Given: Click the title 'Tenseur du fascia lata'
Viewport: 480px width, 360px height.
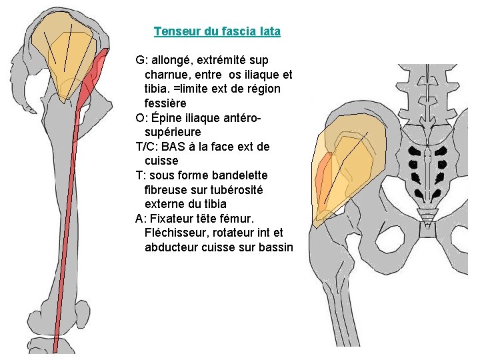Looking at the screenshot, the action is [217, 31].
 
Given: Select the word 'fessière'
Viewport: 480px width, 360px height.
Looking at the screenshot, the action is [165, 103].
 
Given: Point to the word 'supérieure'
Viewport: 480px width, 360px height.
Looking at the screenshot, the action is [172, 132].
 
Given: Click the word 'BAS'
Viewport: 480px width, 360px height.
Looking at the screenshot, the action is [174, 147].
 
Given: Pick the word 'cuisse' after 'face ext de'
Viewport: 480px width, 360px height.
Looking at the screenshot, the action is [161, 161].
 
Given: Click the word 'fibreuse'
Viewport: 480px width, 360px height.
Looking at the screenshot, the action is [167, 189].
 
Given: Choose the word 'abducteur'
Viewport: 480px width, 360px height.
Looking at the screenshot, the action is [171, 247].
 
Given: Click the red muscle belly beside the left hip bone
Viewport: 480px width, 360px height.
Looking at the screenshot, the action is [97, 70].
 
